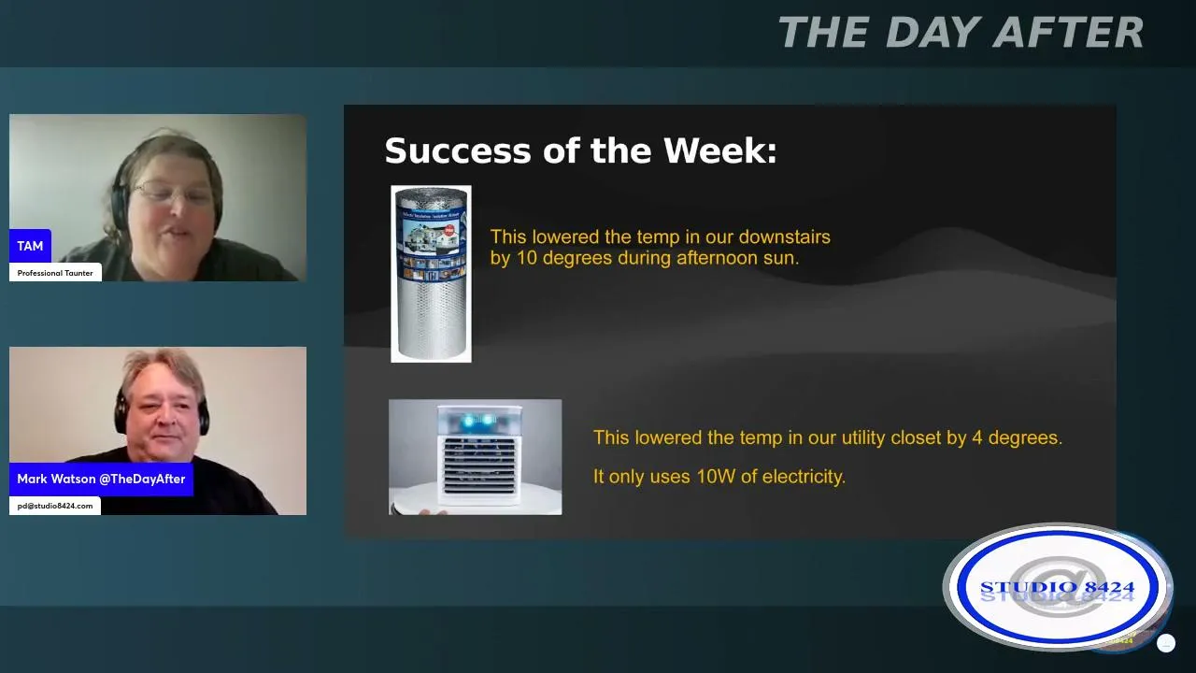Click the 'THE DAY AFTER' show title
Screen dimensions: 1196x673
tap(961, 32)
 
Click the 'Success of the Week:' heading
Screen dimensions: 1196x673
tap(580, 150)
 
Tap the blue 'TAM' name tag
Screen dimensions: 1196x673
tap(30, 246)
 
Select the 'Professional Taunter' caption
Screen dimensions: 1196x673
tap(55, 273)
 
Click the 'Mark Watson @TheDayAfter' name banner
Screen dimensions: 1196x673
tap(101, 479)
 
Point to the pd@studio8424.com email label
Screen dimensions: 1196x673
tap(55, 506)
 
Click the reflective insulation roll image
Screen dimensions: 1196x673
tap(431, 274)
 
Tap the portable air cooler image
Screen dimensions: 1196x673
tap(476, 457)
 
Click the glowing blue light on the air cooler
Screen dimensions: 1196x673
tap(478, 421)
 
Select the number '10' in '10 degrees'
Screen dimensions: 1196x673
tap(526, 258)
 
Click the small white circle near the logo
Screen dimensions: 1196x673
tap(1165, 643)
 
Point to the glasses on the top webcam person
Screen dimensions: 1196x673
tap(171, 193)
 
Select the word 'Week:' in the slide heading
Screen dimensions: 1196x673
tap(720, 150)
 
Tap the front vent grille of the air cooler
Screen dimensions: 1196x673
tap(478, 465)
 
